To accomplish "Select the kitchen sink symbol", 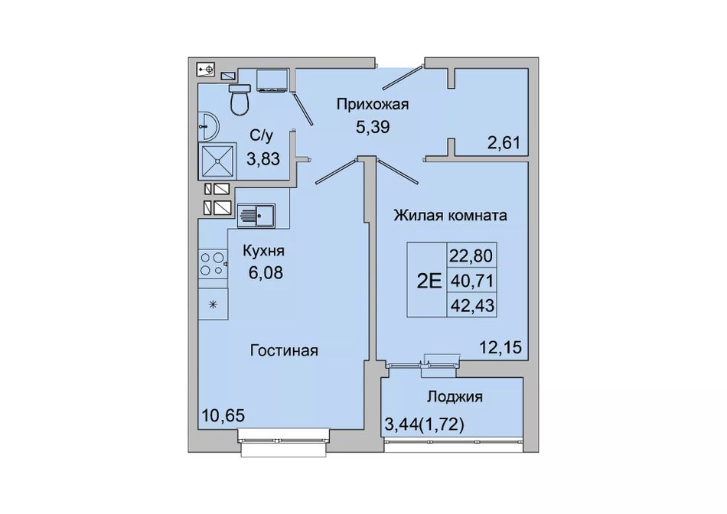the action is click(256, 216).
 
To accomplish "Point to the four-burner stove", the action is click(213, 263).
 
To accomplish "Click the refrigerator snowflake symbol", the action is click(213, 304).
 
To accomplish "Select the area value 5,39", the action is click(373, 126).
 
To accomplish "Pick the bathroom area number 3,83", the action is click(263, 159).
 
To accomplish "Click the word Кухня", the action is click(263, 251).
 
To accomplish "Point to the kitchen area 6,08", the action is click(266, 272).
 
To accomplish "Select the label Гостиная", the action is click(284, 350).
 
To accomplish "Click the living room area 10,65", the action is click(223, 415).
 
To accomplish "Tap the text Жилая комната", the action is click(450, 216).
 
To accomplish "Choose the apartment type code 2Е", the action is click(429, 281).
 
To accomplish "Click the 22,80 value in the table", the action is click(470, 255).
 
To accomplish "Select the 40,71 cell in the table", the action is click(471, 281).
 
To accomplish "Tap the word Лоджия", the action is click(455, 397).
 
